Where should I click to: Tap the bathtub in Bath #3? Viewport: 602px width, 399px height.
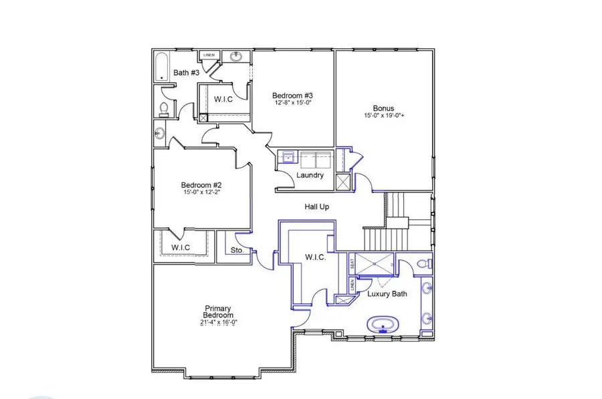click(x=163, y=67)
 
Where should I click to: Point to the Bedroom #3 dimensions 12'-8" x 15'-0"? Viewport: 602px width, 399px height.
click(x=293, y=103)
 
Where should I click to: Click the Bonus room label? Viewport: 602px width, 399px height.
click(x=384, y=108)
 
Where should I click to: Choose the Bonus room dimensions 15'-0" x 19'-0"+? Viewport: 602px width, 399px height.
click(x=385, y=116)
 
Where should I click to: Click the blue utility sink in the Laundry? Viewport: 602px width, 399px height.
click(x=289, y=158)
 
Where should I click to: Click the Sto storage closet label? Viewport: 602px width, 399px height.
click(x=235, y=251)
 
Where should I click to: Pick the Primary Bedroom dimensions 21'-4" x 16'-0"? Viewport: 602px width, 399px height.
click(x=219, y=322)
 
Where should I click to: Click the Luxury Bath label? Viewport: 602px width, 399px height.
click(x=387, y=293)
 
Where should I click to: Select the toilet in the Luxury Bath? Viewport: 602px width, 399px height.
click(x=423, y=265)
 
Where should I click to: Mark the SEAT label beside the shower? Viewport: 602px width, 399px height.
click(x=353, y=264)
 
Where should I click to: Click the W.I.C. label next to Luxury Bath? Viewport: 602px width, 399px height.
click(x=315, y=257)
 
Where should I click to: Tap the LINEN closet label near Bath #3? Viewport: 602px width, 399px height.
click(x=209, y=55)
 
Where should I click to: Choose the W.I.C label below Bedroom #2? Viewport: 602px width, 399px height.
click(x=181, y=247)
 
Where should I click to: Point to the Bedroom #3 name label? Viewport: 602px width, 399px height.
click(x=293, y=95)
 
